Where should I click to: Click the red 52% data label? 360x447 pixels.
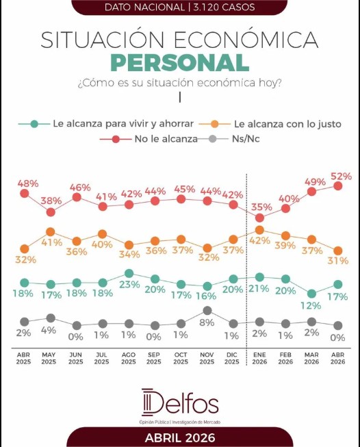(342, 177)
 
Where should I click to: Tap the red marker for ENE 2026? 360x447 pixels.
(259, 218)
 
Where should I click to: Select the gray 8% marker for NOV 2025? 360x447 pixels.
(207, 311)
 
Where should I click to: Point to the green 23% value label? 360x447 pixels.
(129, 285)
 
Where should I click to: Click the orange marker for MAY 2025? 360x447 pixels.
(51, 232)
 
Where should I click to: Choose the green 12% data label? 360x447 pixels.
(311, 305)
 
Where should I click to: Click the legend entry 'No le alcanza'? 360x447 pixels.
(166, 139)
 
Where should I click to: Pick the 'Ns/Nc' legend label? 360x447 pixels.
(246, 139)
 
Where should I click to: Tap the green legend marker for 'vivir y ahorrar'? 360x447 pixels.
(34, 124)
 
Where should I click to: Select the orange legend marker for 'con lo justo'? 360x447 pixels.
(215, 124)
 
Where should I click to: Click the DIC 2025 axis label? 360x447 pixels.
(232, 358)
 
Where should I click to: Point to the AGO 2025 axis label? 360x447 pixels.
(129, 358)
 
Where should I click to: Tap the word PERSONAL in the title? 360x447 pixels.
(180, 63)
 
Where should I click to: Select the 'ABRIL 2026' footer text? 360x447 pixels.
(180, 438)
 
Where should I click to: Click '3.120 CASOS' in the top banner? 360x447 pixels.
(224, 7)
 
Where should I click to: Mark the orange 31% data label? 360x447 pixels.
(338, 261)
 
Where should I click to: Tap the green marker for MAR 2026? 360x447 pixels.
(312, 294)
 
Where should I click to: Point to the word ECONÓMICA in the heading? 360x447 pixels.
(246, 39)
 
